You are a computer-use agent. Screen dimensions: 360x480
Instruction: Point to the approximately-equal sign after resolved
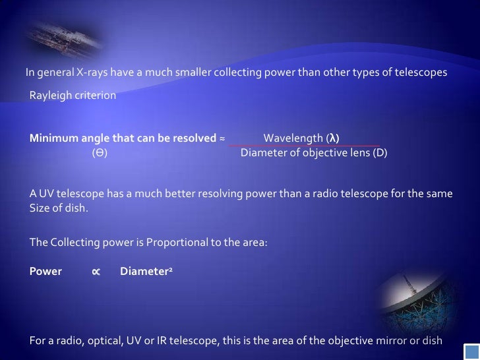[x=222, y=138]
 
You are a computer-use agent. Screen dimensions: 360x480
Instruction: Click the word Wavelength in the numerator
[x=293, y=138]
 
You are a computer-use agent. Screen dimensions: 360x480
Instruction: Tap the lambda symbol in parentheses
[x=333, y=138]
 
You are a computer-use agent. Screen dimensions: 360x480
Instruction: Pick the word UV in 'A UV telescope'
[x=47, y=194]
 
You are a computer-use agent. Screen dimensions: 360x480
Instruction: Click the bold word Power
[x=45, y=271]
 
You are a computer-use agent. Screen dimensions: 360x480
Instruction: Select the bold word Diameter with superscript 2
[x=144, y=271]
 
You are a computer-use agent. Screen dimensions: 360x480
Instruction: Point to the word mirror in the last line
[x=392, y=340]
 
